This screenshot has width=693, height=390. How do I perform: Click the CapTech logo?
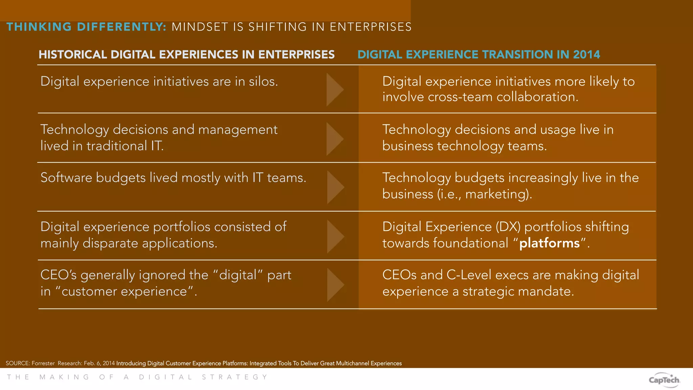pyautogui.click(x=664, y=380)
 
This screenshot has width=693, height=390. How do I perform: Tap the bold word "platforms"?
pyautogui.click(x=550, y=243)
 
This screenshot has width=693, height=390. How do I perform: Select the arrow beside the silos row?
pyautogui.click(x=335, y=90)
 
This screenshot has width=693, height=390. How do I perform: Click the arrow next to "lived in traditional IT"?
pyautogui.click(x=335, y=139)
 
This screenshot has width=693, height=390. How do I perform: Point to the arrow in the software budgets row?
pyautogui.click(x=335, y=187)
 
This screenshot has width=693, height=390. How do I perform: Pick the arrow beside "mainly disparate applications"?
pyautogui.click(x=335, y=236)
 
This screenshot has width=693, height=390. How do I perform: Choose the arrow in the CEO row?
pyautogui.click(x=335, y=285)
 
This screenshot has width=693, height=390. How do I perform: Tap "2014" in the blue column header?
pyautogui.click(x=586, y=55)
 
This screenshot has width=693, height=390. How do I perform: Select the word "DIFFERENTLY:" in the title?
pyautogui.click(x=121, y=27)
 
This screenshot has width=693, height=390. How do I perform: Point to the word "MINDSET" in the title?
pyautogui.click(x=200, y=27)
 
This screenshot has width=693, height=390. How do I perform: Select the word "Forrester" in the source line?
pyautogui.click(x=43, y=363)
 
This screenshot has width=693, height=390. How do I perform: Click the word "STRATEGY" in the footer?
pyautogui.click(x=235, y=377)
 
